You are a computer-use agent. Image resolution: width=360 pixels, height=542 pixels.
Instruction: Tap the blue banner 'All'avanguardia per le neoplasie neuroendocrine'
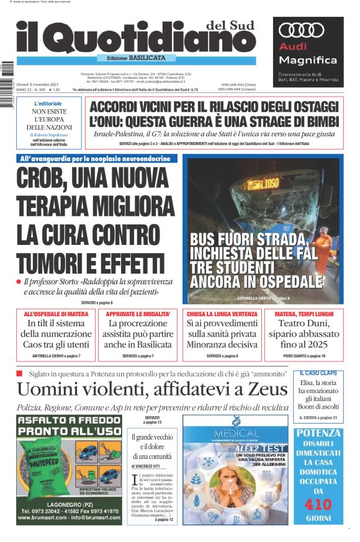(97, 159)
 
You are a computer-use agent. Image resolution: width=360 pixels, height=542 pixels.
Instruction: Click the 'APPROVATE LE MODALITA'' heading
(138, 314)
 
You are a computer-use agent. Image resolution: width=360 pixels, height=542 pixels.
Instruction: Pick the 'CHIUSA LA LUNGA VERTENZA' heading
(222, 314)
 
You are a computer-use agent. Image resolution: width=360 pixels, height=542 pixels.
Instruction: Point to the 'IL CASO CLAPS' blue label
(318, 373)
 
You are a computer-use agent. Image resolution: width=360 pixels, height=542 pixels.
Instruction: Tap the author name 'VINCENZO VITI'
(155, 465)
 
